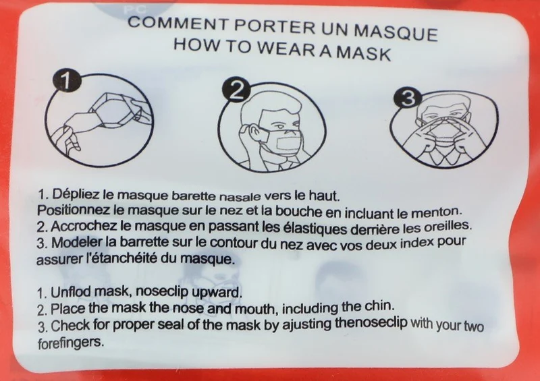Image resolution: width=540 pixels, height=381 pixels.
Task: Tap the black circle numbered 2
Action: pyautogui.click(x=236, y=90)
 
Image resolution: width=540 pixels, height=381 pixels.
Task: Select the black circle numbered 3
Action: pyautogui.click(x=408, y=97)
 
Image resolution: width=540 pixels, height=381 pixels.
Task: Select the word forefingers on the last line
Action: pyautogui.click(x=70, y=343)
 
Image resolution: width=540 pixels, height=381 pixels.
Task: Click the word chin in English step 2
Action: pyautogui.click(x=378, y=305)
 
